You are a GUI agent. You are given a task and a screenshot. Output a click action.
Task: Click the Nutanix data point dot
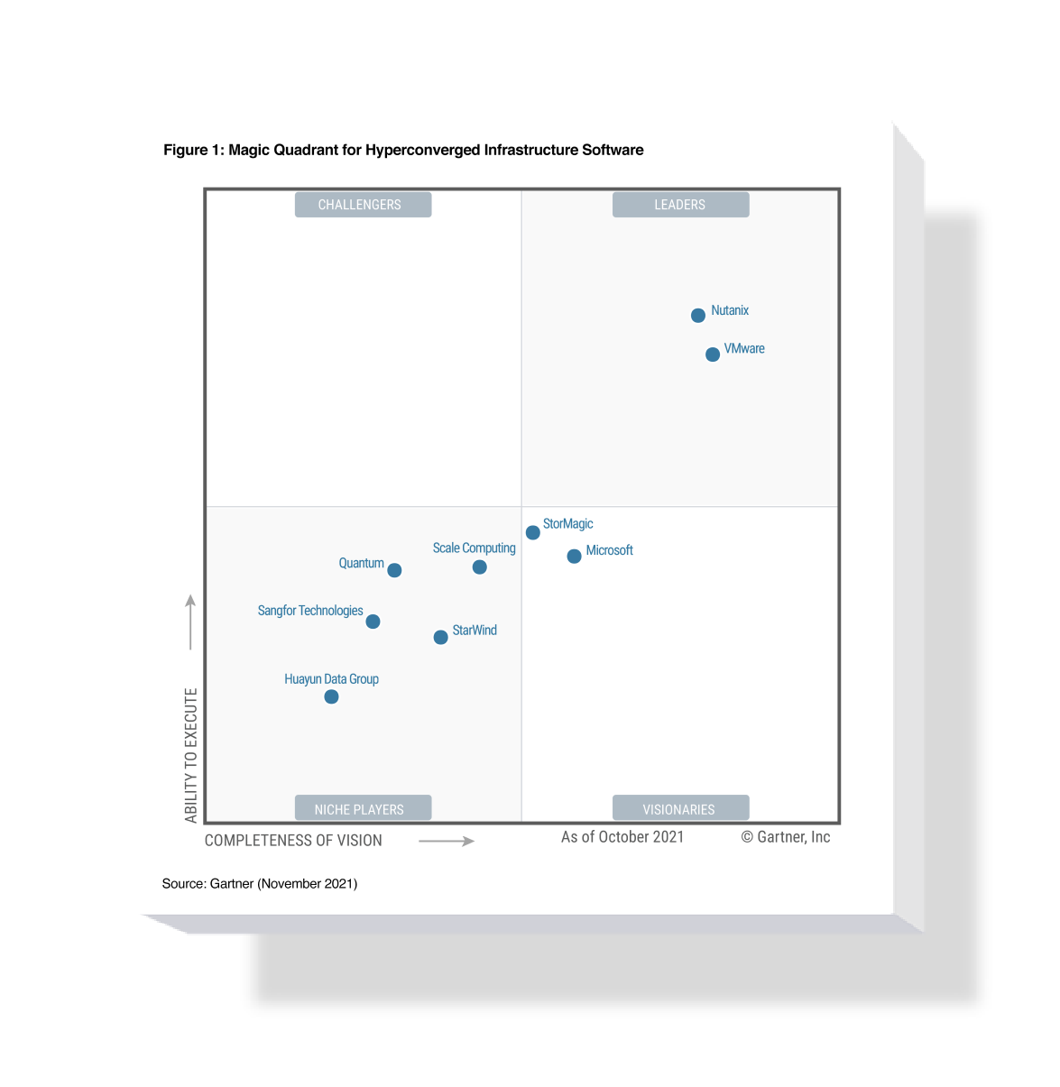697,315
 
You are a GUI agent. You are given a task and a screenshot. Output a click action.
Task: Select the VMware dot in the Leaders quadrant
712,354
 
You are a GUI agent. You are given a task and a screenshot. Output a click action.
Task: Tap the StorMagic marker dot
532,532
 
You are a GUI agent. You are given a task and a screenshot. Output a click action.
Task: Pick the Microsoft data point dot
574,556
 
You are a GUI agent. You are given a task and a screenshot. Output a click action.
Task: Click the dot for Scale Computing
479,567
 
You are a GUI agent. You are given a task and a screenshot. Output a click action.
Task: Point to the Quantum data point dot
394,569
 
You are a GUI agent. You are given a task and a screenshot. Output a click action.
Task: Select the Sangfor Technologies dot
373,621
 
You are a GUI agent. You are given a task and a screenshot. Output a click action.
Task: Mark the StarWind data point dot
440,637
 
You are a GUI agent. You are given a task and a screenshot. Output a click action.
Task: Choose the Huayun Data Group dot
331,696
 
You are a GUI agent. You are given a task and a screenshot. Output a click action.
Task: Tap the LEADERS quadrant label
680,205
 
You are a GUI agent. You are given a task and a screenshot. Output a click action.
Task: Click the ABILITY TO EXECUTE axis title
190,755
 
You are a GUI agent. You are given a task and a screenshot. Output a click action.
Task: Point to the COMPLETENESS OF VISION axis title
293,840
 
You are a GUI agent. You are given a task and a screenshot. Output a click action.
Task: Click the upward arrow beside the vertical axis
190,622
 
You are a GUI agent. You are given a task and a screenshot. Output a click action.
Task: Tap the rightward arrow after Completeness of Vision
447,841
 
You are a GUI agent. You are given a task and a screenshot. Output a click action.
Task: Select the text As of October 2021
622,837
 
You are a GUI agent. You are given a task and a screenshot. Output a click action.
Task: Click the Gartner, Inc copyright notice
785,837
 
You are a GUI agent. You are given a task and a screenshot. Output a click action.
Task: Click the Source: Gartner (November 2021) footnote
260,883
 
